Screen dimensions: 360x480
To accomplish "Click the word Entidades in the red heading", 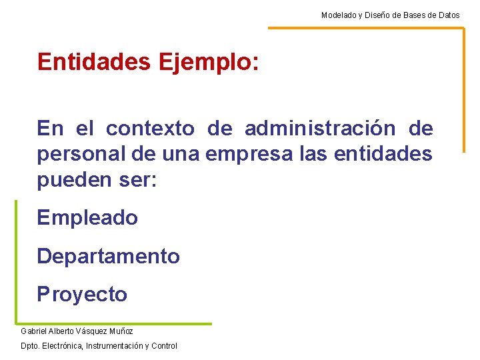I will [x=95, y=62].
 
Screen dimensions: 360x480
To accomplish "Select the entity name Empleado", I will [x=87, y=217].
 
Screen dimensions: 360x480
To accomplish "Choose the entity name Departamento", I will [x=108, y=256].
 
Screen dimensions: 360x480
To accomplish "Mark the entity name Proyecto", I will [x=82, y=294].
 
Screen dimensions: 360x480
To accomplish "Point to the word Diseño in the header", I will [x=379, y=15].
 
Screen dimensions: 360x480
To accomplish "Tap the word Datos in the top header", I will [x=448, y=15].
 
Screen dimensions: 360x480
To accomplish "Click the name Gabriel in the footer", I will [x=33, y=331].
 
